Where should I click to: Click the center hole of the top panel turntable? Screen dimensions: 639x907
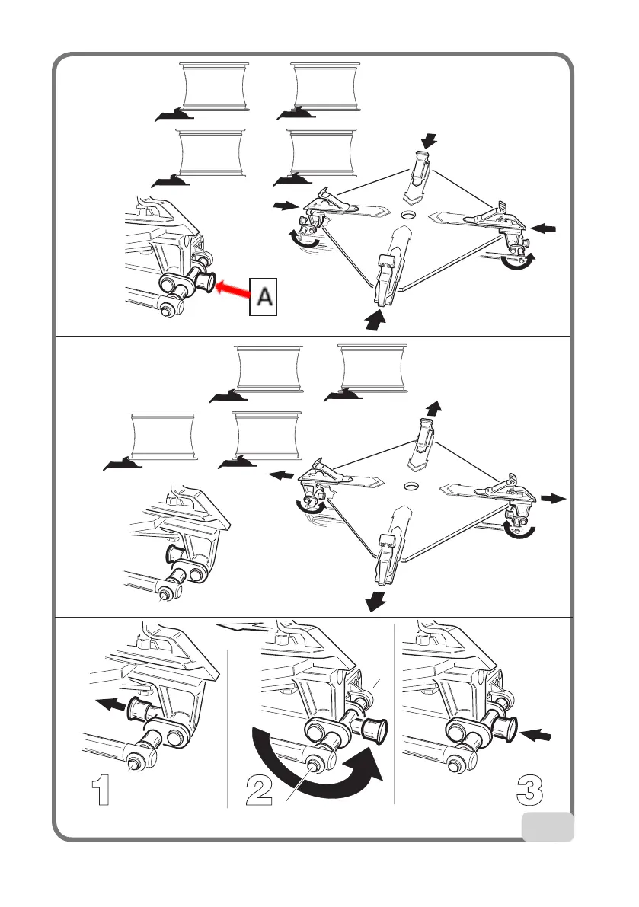pos(411,216)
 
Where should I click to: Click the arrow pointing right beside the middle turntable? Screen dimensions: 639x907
pos(554,499)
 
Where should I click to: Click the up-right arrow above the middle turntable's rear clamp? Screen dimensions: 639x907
pos(433,407)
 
